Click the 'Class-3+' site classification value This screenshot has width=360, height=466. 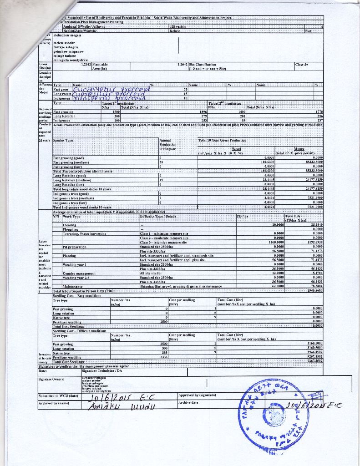302,65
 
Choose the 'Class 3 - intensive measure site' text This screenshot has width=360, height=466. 164,242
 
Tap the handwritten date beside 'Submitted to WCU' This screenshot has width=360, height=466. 121,395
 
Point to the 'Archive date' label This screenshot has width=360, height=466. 188,402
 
